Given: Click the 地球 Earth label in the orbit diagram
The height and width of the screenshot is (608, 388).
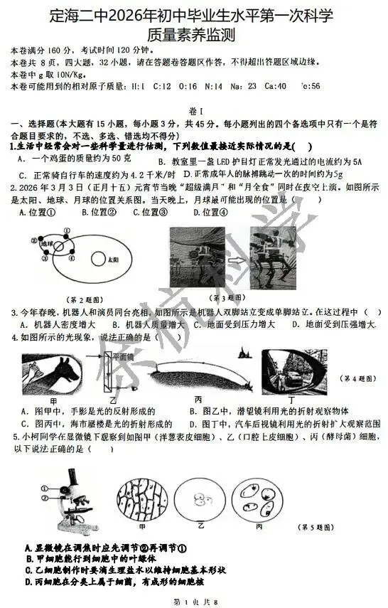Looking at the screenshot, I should point(47,244).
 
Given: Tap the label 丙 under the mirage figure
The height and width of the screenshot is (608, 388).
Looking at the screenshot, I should point(198,400).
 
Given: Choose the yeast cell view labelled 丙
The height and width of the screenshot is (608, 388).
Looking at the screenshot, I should point(259,501).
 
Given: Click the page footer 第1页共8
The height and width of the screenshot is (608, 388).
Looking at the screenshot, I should point(194,602).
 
